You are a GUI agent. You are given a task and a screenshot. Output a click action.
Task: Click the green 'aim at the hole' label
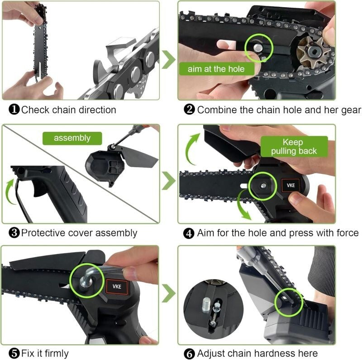[x=217, y=69]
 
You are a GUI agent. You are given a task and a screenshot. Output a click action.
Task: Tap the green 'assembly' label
[x=72, y=138]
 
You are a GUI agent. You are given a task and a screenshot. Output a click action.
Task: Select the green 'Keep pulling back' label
[x=294, y=147]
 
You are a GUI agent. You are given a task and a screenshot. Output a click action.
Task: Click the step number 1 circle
[x=14, y=109]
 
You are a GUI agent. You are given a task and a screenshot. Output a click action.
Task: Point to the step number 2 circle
[x=189, y=109]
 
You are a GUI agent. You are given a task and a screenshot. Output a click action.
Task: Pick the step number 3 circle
[x=14, y=232]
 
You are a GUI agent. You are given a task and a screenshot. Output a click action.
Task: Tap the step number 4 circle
[x=189, y=233]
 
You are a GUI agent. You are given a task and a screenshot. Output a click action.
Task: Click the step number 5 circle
[x=14, y=354]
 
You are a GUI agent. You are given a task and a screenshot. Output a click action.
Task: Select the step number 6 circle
[x=189, y=354]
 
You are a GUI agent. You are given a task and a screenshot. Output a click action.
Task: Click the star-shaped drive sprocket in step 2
[x=313, y=52]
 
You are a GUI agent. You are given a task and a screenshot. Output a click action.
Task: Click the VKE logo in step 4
[x=291, y=185]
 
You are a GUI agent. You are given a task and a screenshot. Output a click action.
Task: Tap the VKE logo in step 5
[x=117, y=287]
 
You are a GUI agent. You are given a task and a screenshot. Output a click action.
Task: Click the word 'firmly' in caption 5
[x=57, y=354]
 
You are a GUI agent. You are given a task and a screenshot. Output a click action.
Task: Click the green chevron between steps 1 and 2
[x=169, y=59]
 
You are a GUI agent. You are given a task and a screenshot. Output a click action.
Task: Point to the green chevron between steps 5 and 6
[x=169, y=293]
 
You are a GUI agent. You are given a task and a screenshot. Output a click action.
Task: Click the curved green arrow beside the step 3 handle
[x=8, y=192]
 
